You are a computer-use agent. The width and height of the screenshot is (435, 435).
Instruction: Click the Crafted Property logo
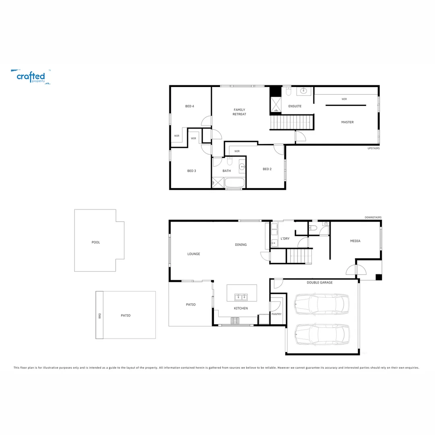tap(31, 77)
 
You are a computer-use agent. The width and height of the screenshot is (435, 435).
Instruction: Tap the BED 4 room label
tap(190, 106)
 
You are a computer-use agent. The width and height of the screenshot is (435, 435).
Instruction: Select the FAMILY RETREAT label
tap(239, 112)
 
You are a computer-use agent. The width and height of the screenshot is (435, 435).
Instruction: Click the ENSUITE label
tap(295, 106)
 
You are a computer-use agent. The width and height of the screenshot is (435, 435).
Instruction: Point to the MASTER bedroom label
tap(347, 122)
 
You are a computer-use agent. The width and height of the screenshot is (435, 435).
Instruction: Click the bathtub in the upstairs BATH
tap(234, 183)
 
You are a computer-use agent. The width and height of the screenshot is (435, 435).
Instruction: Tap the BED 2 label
tap(267, 169)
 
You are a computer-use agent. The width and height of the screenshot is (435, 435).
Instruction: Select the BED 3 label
tap(192, 171)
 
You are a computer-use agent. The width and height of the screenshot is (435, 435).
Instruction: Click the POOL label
tap(95, 242)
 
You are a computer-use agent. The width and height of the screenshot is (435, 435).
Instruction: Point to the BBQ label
tap(99, 316)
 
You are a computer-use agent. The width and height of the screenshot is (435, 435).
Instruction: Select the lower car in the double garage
tap(321, 334)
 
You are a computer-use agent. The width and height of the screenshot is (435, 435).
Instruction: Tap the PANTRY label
tap(276, 314)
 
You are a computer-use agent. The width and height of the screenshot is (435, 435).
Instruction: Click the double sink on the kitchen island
tap(242, 297)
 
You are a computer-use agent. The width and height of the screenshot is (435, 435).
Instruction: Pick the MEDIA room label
tap(355, 241)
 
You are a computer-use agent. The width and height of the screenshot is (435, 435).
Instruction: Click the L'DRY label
tap(285, 239)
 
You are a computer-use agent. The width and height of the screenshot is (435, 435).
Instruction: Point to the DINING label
tap(241, 244)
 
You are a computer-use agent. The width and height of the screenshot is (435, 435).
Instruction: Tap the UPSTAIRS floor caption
tap(373, 148)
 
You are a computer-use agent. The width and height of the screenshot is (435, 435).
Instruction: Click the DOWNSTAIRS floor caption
tap(373, 217)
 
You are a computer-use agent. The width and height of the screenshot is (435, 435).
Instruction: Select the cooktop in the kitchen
tap(234, 321)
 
